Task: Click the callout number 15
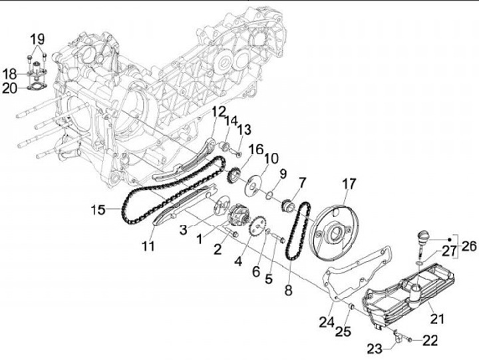tap(98, 210)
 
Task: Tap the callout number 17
tap(349, 183)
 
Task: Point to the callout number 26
tap(469, 246)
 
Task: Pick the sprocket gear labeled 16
tap(232, 178)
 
